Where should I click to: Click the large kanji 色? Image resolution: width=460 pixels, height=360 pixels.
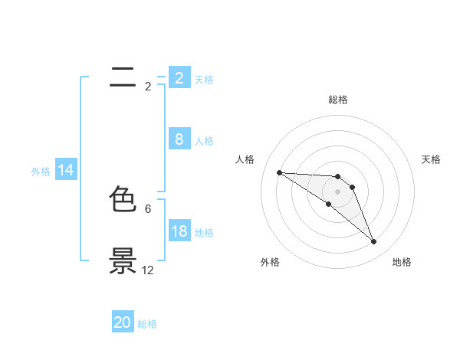(x=123, y=200)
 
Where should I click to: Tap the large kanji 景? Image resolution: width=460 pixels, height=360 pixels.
(x=123, y=260)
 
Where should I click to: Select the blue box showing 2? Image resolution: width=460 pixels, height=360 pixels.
(x=179, y=77)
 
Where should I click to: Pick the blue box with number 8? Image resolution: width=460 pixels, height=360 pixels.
(x=179, y=139)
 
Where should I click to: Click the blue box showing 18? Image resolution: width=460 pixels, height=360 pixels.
(x=179, y=231)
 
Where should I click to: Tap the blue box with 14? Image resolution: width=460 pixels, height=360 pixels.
(x=66, y=170)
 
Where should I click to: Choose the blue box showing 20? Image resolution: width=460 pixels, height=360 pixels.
(x=123, y=322)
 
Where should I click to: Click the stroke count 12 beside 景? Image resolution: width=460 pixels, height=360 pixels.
(x=147, y=270)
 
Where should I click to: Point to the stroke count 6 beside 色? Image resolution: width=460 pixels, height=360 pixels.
(x=148, y=208)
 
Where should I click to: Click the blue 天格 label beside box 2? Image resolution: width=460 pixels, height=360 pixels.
(x=204, y=80)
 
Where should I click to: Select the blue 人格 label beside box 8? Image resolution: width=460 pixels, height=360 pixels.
(x=204, y=141)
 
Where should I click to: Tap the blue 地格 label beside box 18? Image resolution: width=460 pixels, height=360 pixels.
(x=204, y=233)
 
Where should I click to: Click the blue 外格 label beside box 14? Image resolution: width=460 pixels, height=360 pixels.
(x=41, y=172)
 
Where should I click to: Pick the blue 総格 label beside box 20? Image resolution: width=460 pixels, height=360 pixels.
(x=147, y=324)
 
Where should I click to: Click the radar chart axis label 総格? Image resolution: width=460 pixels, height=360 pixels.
(x=338, y=100)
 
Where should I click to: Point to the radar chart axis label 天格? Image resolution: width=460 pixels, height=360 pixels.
(x=431, y=159)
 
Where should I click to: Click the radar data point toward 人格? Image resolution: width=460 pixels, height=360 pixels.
(x=279, y=172)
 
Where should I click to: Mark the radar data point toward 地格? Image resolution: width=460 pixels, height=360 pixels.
(x=374, y=242)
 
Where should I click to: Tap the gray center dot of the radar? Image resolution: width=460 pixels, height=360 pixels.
(x=338, y=191)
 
